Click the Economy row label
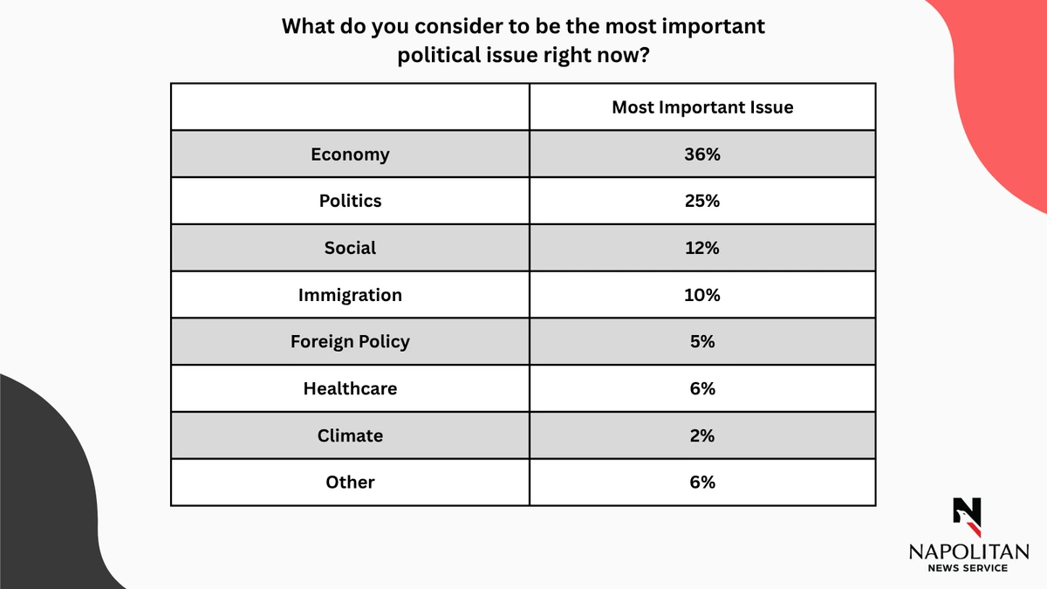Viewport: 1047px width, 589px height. coord(350,154)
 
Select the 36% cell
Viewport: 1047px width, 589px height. coord(701,154)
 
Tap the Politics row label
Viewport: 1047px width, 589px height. coord(350,201)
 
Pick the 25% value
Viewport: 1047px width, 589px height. coord(701,201)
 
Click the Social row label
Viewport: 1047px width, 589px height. coord(350,248)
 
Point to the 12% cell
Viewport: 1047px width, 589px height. coord(701,248)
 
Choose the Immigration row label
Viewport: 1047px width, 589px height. coord(350,295)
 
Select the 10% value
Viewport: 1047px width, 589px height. coord(701,295)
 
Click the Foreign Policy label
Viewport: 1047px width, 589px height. coord(350,341)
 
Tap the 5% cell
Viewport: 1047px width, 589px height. coord(701,341)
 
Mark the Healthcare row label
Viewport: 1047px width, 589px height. coord(350,388)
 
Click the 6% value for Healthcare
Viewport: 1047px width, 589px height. coord(701,388)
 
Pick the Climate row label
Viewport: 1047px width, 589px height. coord(350,435)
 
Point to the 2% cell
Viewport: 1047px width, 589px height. coord(701,435)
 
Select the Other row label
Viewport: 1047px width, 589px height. coord(350,482)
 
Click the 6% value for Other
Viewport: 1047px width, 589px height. coord(701,482)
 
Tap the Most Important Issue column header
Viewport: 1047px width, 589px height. coord(701,107)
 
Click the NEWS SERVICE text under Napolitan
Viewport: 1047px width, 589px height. coord(968,568)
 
